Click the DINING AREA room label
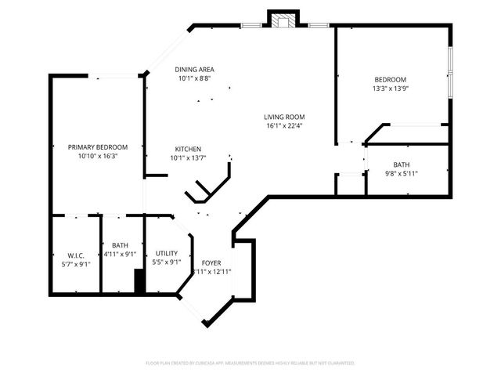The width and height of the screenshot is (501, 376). tap(195, 70)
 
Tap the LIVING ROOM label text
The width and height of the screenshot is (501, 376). tap(284, 117)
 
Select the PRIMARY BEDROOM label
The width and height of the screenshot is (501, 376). tap(98, 147)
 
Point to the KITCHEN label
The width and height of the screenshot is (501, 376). tap(188, 149)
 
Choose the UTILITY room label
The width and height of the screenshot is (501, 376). tap(166, 253)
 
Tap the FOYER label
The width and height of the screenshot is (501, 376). tap(211, 263)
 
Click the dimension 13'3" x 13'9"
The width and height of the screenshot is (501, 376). tap(389, 89)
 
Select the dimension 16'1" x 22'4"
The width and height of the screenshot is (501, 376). tap(284, 125)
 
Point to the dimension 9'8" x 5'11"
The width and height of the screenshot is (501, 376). tap(402, 174)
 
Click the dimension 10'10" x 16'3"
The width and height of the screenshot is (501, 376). tap(98, 156)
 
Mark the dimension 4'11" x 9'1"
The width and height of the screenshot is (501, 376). tap(121, 255)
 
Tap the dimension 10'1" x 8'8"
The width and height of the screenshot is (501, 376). tap(195, 78)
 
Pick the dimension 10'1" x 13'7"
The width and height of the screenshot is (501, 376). tap(188, 157)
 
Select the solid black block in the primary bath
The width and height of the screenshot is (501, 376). tap(140, 281)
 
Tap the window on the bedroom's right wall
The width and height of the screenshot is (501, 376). tap(449, 75)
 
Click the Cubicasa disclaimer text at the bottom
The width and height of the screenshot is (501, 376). tap(250, 363)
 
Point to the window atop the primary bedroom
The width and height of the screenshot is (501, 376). tap(114, 76)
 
